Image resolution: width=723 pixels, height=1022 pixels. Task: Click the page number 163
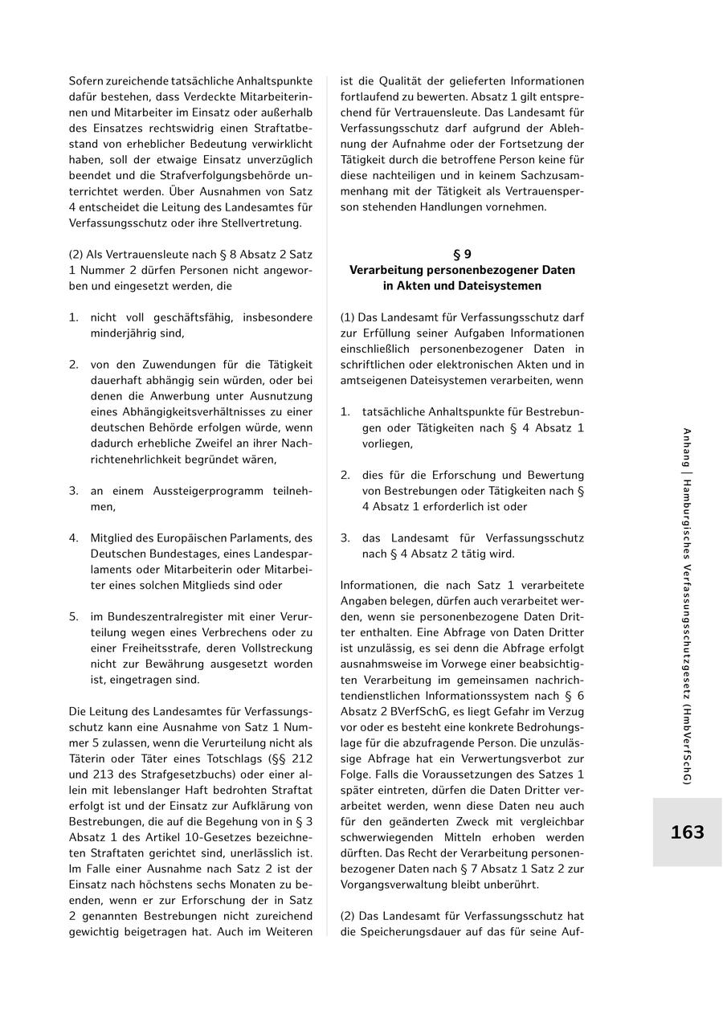pos(687,832)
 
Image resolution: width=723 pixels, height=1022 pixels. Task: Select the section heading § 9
pos(462,255)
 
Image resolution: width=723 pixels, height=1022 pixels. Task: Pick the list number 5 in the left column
pos(73,616)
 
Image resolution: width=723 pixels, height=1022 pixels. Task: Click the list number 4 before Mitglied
pos(73,538)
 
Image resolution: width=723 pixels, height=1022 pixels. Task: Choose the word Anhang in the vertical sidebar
pos(687,448)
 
